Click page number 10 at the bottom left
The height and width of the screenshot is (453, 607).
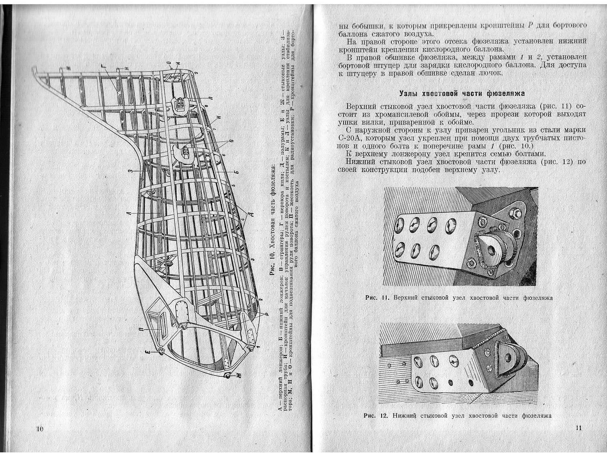pyautogui.click(x=39, y=429)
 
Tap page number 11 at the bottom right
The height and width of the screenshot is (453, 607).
pyautogui.click(x=578, y=428)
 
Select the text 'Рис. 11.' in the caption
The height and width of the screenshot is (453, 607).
pyautogui.click(x=377, y=298)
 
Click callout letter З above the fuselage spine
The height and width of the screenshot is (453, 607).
pyautogui.click(x=130, y=171)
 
